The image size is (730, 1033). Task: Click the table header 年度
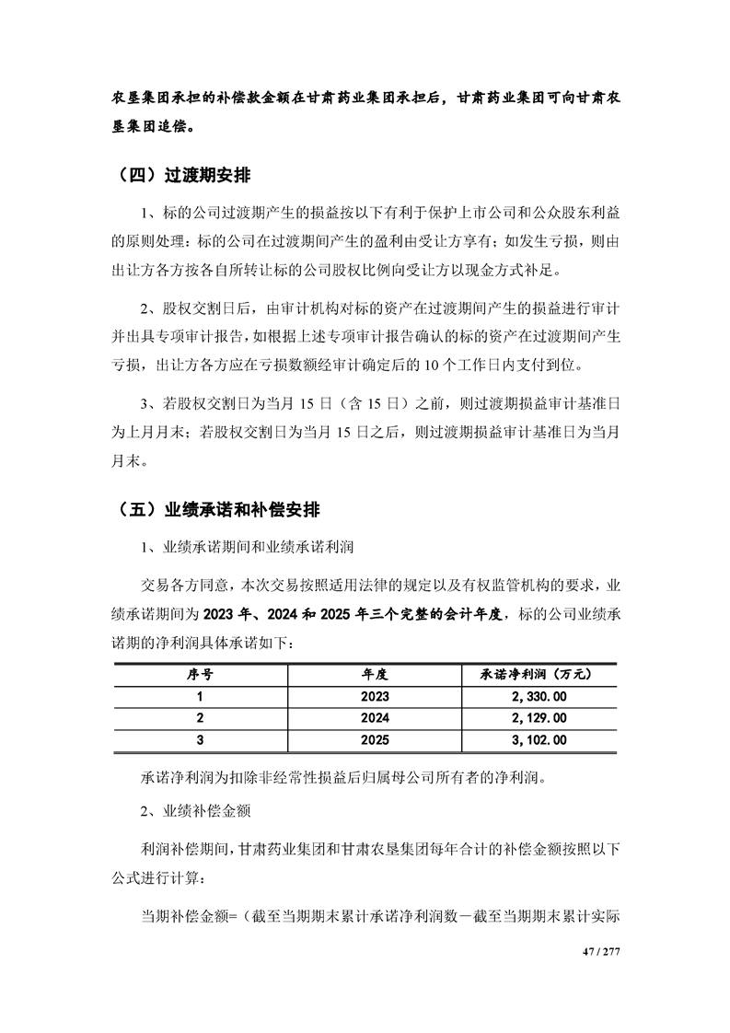376,674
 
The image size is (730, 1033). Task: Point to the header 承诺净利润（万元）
537,674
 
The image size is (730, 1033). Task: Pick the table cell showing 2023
376,696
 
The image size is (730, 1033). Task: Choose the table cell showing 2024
376,718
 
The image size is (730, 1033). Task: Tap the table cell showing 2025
376,740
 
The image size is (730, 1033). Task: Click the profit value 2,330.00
537,696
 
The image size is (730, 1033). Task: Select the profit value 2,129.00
537,718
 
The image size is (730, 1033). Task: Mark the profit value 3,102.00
537,740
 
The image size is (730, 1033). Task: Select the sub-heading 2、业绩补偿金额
198,813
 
